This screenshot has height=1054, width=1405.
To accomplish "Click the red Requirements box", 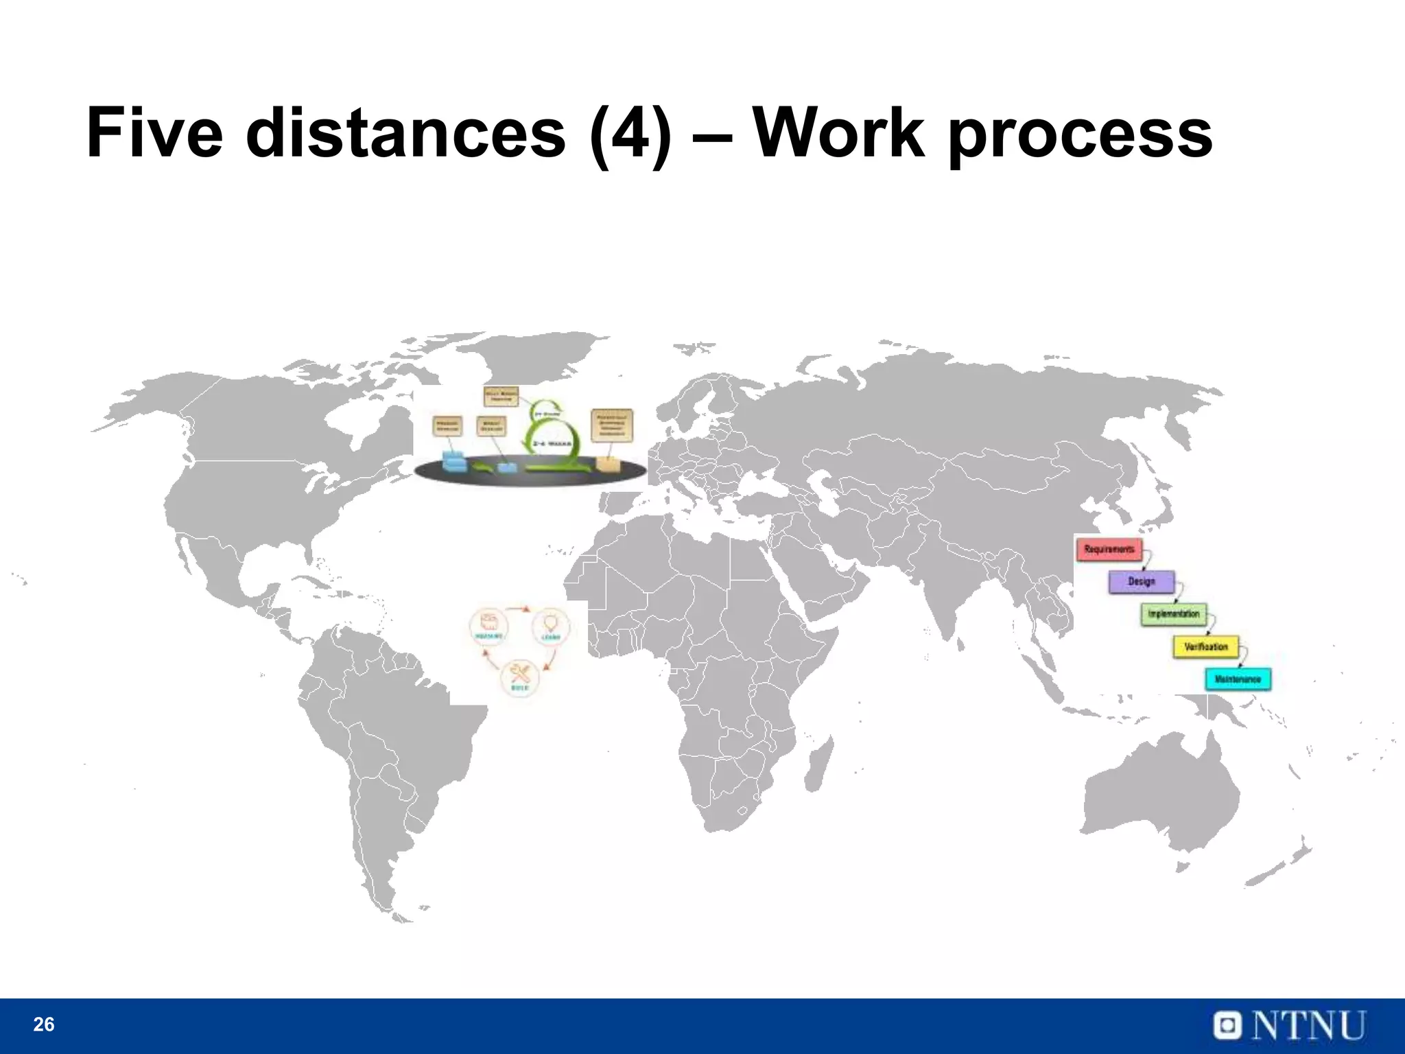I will [x=1109, y=549].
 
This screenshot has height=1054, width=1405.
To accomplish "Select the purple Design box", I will [x=1141, y=581].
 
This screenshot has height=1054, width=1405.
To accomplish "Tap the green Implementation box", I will [x=1174, y=613].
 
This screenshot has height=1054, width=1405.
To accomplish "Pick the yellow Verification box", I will [x=1205, y=646].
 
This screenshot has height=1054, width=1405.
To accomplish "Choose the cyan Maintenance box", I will [x=1238, y=679].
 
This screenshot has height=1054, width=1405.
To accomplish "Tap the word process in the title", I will [x=1080, y=137].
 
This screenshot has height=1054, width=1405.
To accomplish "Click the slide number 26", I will [x=43, y=1024].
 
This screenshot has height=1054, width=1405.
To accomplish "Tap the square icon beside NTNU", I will [x=1229, y=1025].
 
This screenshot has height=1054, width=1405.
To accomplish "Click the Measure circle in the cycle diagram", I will [x=489, y=625].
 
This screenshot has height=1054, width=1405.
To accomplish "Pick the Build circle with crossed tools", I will [x=519, y=677].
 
